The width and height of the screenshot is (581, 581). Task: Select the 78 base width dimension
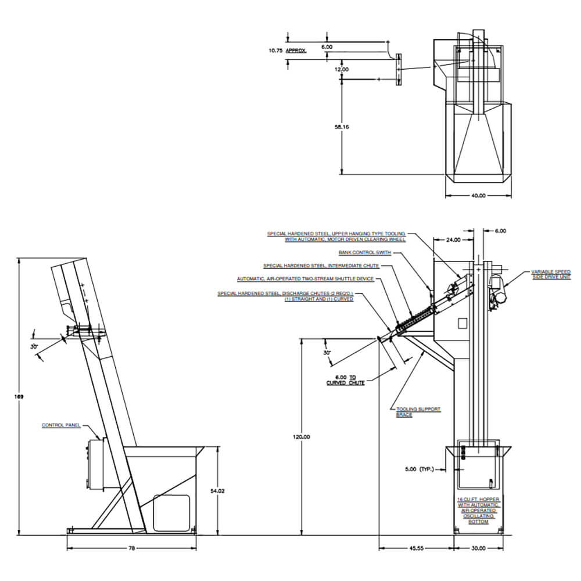coord(131,548)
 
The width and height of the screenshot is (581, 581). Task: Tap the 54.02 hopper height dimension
coord(217,491)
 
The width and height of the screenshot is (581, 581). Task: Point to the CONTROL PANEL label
coord(60,425)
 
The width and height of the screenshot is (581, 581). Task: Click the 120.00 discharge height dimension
coord(300,437)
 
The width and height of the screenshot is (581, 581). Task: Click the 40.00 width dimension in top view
coord(478,196)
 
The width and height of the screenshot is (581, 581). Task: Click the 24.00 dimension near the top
coord(453,239)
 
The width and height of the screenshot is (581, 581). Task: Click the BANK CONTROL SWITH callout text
coord(365,253)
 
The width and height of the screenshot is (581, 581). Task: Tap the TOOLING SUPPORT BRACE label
coord(418,412)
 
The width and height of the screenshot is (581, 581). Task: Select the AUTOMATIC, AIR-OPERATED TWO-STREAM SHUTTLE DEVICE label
coord(306,279)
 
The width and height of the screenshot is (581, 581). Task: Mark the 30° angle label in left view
coord(34,346)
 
